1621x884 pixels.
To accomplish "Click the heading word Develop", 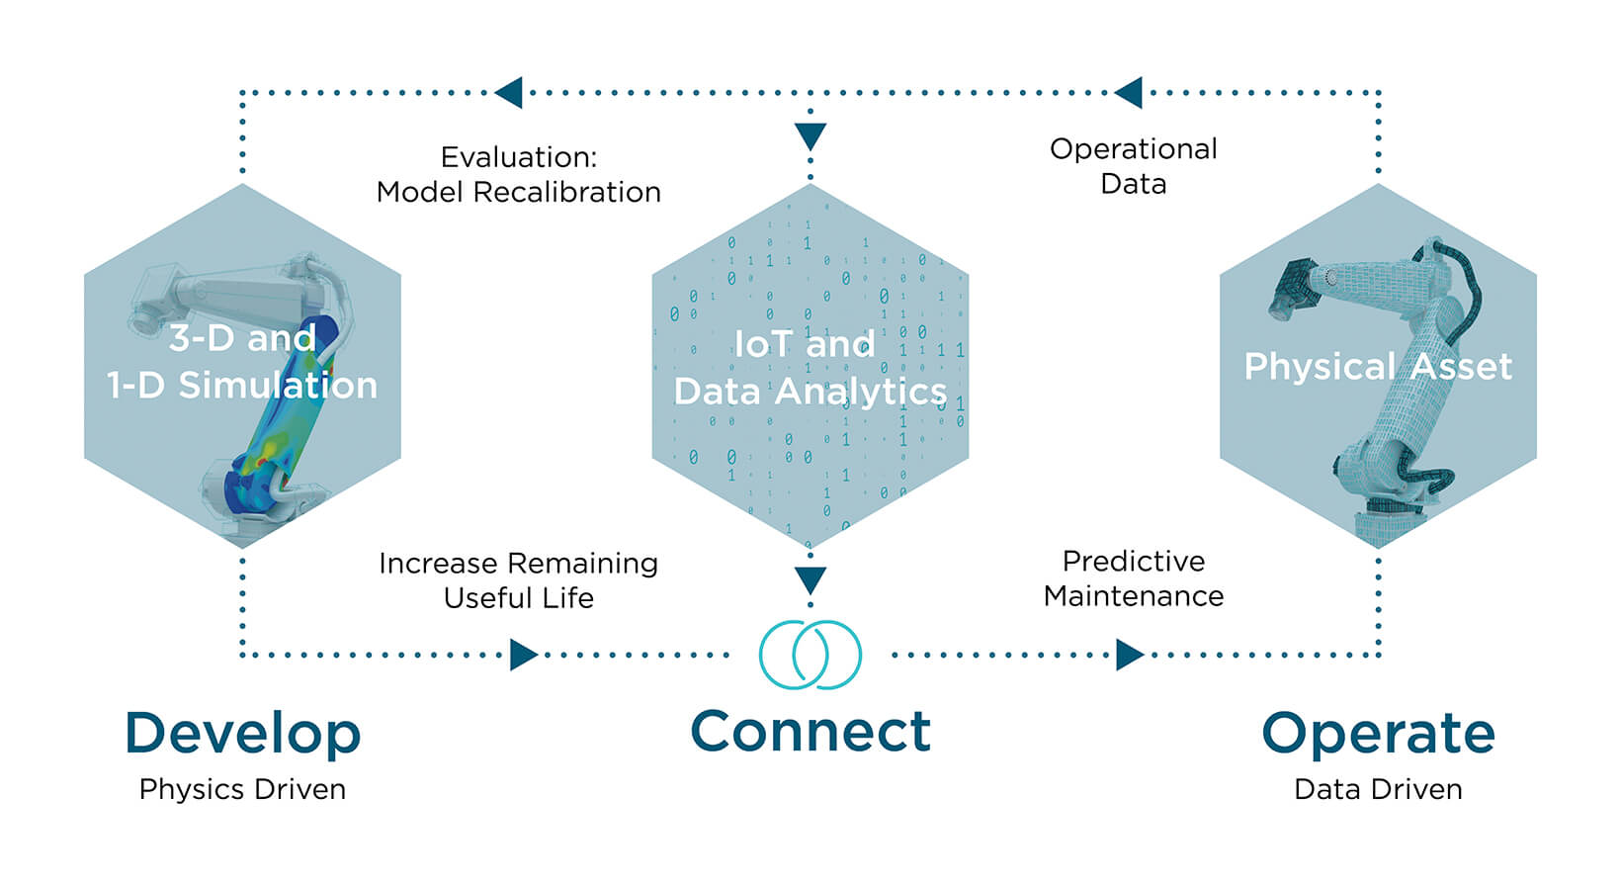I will (x=242, y=734).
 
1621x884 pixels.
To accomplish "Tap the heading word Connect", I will (x=810, y=732).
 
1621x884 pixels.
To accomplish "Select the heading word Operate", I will (x=1378, y=734).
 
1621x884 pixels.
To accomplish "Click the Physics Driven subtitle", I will (x=242, y=789).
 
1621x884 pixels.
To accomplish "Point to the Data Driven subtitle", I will (x=1378, y=789).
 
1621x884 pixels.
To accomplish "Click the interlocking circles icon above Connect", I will (x=810, y=655).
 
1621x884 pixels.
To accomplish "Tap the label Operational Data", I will (x=1133, y=166).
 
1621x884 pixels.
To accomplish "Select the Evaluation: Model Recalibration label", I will (x=518, y=174).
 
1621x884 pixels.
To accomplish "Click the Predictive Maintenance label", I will (x=1133, y=578).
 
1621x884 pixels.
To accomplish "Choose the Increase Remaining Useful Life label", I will (x=518, y=580).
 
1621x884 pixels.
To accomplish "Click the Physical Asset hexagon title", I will (x=1378, y=367).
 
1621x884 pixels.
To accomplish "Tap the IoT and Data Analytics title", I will (x=810, y=368).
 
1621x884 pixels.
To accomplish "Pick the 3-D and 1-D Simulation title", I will (x=242, y=362).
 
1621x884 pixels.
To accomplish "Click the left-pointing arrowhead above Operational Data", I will (x=1128, y=93).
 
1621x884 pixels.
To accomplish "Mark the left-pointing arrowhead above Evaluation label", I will (x=508, y=93).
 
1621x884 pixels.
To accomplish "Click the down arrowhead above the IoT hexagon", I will (x=810, y=136).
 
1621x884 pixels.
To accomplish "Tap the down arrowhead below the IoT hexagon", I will (x=810, y=580).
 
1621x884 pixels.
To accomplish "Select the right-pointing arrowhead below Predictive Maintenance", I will (x=1130, y=655).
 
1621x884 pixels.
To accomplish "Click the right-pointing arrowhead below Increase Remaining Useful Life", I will (x=524, y=655).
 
